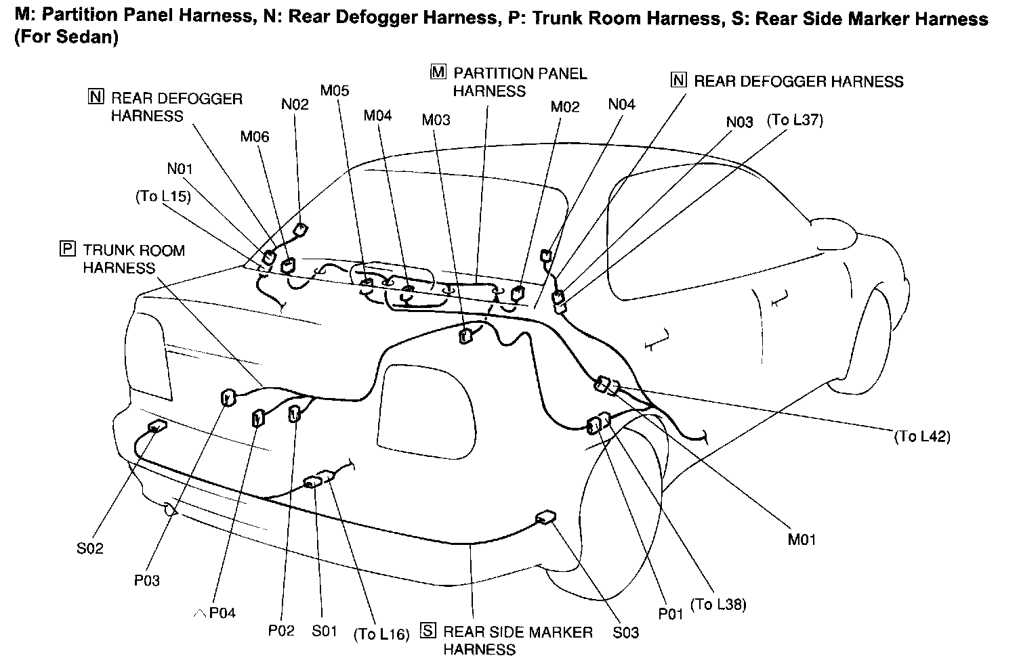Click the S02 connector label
[89, 548]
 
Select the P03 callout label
[147, 581]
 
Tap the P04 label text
[222, 613]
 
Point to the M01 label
[802, 539]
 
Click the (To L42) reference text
[922, 437]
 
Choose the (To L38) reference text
[718, 604]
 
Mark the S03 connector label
[625, 632]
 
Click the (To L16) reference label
[382, 634]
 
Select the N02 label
[295, 104]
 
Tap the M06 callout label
[255, 137]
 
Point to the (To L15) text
[163, 196]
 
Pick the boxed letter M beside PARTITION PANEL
[438, 72]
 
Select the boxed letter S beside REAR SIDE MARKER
[428, 631]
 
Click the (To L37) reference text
[795, 120]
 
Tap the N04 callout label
[621, 104]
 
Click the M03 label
[436, 120]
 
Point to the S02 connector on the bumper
[157, 426]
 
